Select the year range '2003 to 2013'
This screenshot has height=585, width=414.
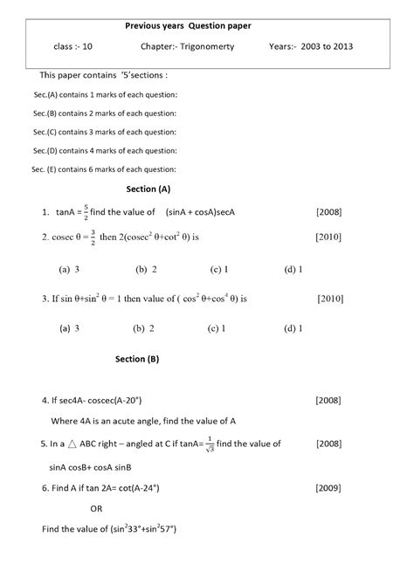336,48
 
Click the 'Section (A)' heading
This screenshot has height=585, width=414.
148,189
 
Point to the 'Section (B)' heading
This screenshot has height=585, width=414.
137,358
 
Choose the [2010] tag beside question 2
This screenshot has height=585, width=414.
328,236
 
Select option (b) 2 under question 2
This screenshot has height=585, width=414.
145,270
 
